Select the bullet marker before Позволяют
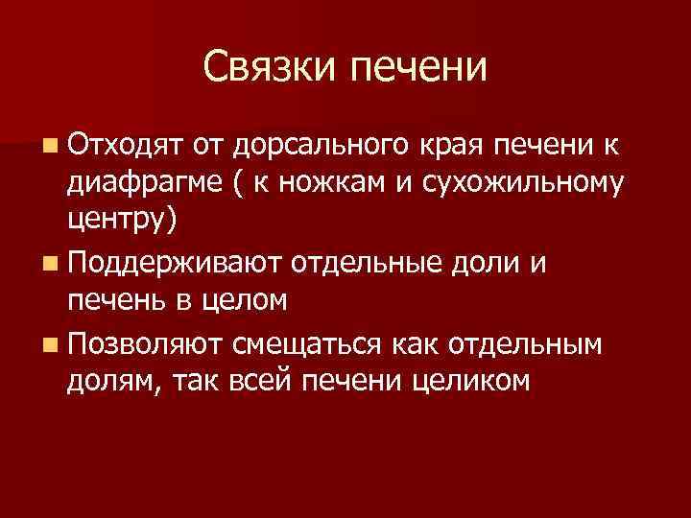coord(49,343)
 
